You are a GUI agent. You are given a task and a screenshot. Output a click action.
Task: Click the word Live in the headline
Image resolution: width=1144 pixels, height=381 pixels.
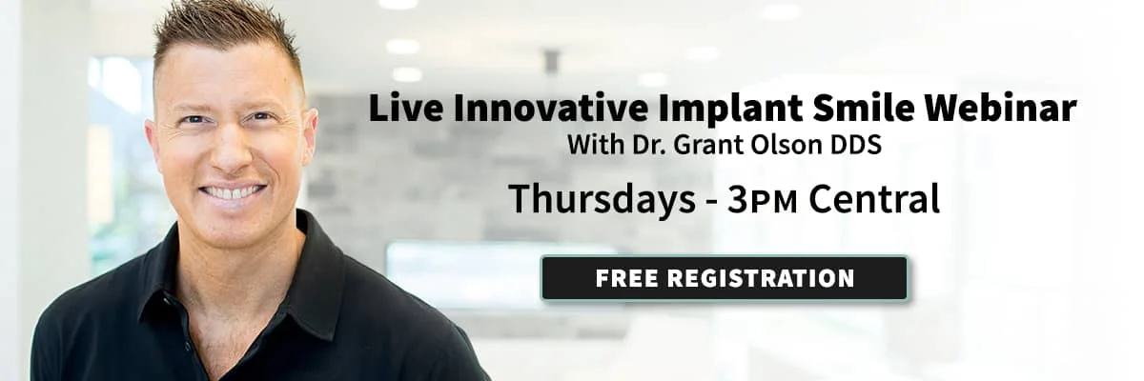(406, 109)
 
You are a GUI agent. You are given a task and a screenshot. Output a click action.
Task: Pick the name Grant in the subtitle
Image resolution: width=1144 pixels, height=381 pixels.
(709, 145)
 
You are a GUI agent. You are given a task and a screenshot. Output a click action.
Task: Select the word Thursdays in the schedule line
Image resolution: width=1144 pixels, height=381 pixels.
(602, 199)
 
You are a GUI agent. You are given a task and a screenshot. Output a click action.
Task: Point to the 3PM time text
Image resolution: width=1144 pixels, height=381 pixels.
(762, 200)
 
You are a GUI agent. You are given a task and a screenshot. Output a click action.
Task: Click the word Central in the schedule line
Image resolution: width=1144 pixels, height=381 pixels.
(874, 199)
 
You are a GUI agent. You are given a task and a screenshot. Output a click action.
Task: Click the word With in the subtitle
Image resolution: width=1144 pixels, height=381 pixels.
(596, 145)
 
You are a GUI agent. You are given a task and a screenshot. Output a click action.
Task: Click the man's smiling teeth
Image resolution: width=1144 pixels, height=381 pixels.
(233, 192)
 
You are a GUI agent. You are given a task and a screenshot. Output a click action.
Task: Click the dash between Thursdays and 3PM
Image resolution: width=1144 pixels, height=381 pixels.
(711, 203)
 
